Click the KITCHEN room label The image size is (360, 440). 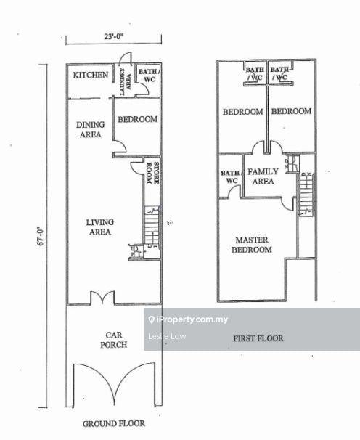click(90, 75)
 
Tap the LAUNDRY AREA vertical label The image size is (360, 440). click(125, 81)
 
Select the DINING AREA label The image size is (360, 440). click(90, 129)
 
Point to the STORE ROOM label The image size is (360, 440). click(152, 173)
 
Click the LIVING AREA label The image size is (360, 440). click(100, 227)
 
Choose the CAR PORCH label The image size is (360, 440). click(114, 340)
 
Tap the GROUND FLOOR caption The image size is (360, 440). click(114, 423)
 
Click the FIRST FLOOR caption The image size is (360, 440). click(258, 338)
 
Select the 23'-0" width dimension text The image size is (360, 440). click(114, 36)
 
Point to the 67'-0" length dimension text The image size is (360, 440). click(41, 236)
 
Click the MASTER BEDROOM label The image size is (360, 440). click(252, 245)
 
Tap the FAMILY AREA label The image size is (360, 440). click(263, 176)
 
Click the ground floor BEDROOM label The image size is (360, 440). click(137, 119)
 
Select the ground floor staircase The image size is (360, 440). click(152, 226)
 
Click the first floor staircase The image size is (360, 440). click(307, 194)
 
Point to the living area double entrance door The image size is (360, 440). click(102, 298)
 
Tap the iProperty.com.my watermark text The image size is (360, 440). click(192, 319)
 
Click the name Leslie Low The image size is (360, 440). click(167, 336)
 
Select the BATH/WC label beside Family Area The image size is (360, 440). click(231, 176)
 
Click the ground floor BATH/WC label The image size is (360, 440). click(149, 76)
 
